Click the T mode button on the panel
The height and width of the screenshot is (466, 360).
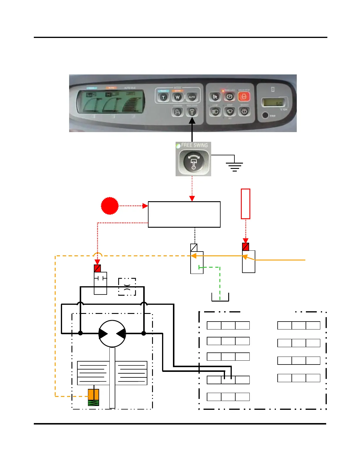tap(164, 97)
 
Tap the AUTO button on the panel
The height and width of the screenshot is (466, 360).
tap(192, 97)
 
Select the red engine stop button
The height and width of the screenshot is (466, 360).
tap(244, 96)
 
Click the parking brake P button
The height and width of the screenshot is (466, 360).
tap(229, 97)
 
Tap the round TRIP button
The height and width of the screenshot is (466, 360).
tap(265, 115)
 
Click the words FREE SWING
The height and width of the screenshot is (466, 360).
tap(194, 145)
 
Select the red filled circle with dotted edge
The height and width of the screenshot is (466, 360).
tap(110, 206)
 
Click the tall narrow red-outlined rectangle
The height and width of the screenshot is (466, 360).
tap(246, 204)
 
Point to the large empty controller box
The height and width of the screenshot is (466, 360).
tap(184, 214)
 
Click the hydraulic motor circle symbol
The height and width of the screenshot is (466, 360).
tap(112, 334)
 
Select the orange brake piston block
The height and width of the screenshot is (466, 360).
tap(94, 394)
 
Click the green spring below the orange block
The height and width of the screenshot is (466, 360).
tap(94, 403)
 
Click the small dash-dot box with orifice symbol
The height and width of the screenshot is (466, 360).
tap(127, 287)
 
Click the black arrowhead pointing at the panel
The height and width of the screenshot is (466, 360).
tap(192, 121)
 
